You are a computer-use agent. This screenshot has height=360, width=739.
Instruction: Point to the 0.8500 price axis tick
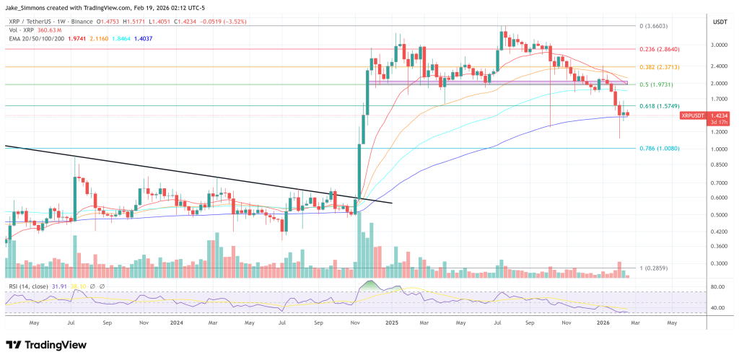click(x=717, y=165)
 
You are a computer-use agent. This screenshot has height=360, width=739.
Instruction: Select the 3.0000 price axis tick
click(x=717, y=45)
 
